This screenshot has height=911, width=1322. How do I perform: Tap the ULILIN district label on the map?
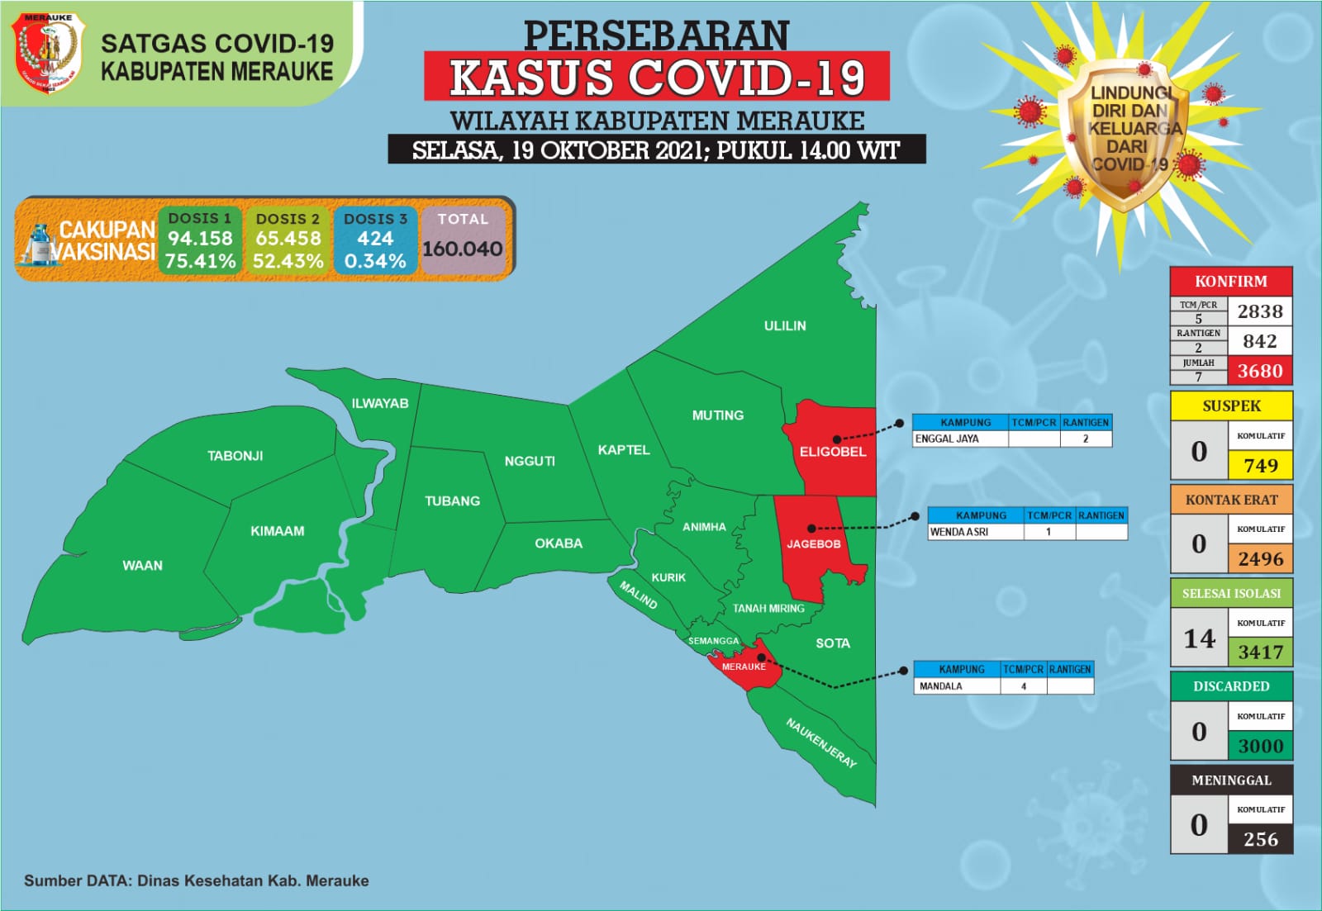click(x=784, y=325)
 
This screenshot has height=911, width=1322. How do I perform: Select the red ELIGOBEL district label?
click(x=832, y=452)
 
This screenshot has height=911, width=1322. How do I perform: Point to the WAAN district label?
click(x=142, y=566)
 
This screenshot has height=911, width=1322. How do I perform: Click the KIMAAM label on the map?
click(x=277, y=531)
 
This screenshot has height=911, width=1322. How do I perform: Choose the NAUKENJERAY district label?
click(x=820, y=743)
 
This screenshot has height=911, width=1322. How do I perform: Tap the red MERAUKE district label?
click(x=744, y=667)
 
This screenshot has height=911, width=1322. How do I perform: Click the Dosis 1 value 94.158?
click(x=200, y=239)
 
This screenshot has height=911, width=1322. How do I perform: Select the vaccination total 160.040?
click(x=463, y=249)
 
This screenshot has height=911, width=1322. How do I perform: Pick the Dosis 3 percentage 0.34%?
click(x=375, y=261)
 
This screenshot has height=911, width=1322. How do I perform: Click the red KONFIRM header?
click(x=1230, y=281)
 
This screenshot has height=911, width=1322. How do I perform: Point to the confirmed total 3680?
click(x=1259, y=371)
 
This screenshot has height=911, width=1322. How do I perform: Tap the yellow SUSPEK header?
click(x=1231, y=406)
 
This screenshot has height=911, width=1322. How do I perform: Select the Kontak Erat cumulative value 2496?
click(x=1260, y=559)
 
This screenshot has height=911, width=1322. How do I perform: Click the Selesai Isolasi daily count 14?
click(x=1199, y=638)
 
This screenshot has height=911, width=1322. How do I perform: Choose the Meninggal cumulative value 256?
click(x=1260, y=839)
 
